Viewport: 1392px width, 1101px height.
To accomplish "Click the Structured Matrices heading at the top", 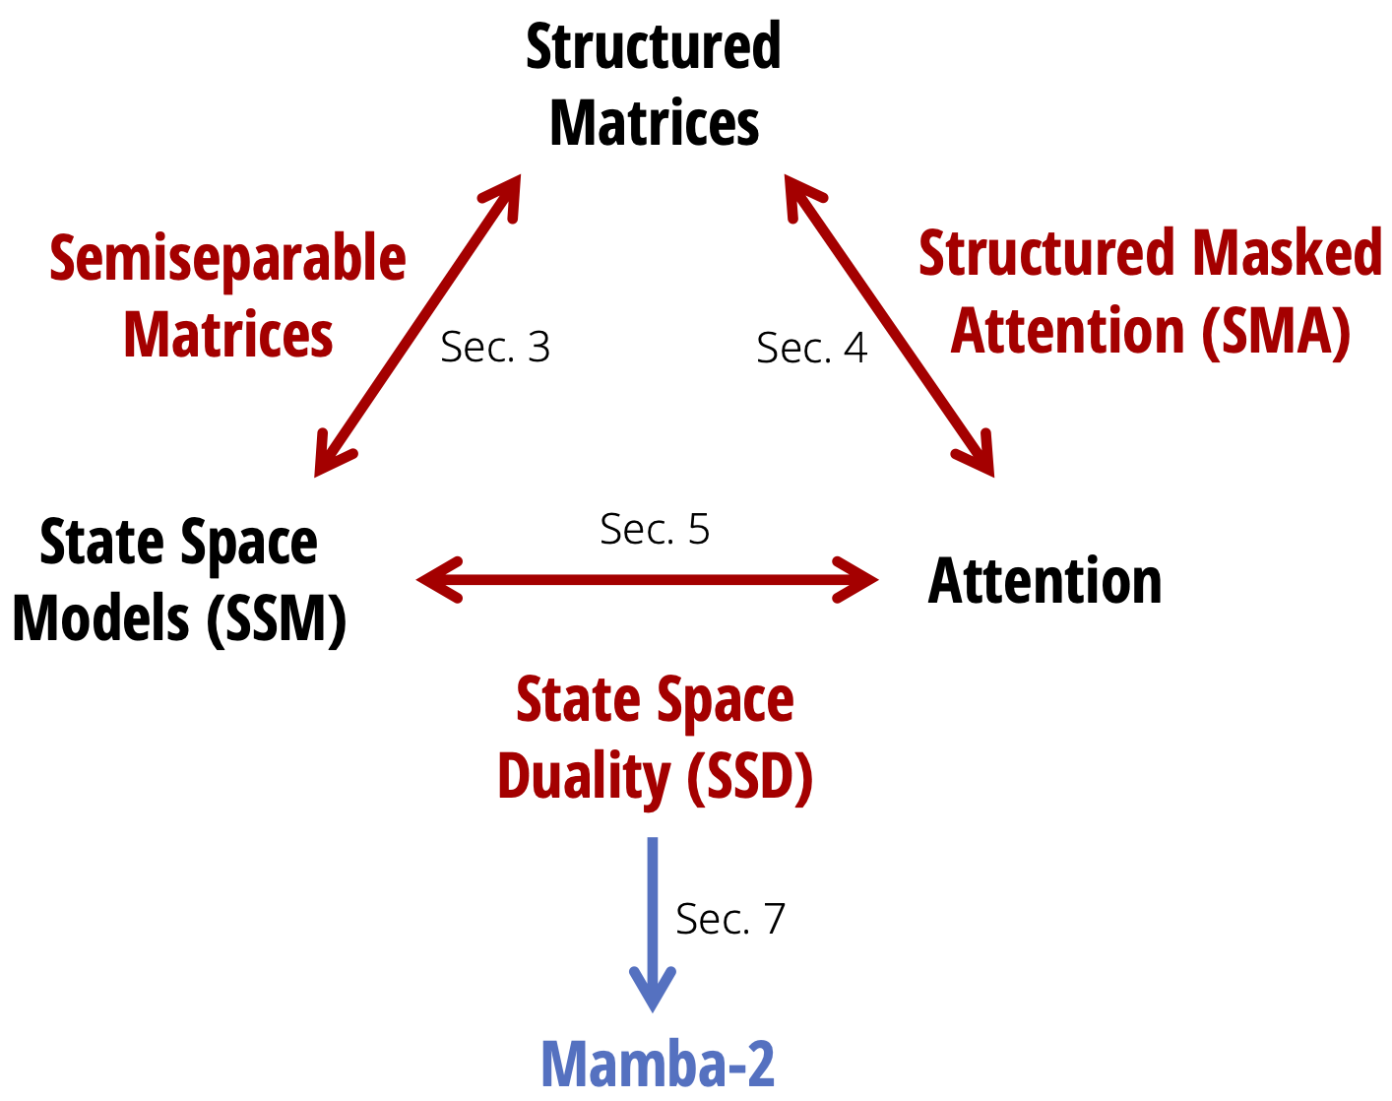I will tap(654, 85).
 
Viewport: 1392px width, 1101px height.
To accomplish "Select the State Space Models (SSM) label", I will tap(179, 581).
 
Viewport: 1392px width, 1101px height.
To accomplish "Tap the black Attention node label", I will tap(1044, 581).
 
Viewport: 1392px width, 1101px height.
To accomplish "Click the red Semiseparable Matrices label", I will tap(227, 296).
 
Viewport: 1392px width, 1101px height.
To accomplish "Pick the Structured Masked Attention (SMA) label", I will tap(1150, 292).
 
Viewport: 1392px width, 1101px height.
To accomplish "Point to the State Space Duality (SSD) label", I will tap(655, 739).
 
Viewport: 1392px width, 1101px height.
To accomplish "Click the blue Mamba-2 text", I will tap(658, 1064).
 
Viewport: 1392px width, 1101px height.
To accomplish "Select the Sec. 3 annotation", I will tap(495, 348).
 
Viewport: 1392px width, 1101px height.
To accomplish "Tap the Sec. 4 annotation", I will tap(811, 349).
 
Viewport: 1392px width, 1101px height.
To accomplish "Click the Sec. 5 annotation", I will tap(655, 530).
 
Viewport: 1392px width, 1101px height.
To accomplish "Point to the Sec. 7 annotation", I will tap(730, 920).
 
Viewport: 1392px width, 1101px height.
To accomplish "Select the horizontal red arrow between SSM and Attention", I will tap(647, 579).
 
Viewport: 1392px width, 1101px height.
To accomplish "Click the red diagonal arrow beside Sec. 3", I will tap(416, 326).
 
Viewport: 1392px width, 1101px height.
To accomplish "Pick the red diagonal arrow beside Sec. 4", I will tap(889, 326).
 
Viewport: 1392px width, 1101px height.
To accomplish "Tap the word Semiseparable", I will tap(227, 259).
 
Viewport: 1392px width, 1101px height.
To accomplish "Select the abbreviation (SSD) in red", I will tap(749, 777).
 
